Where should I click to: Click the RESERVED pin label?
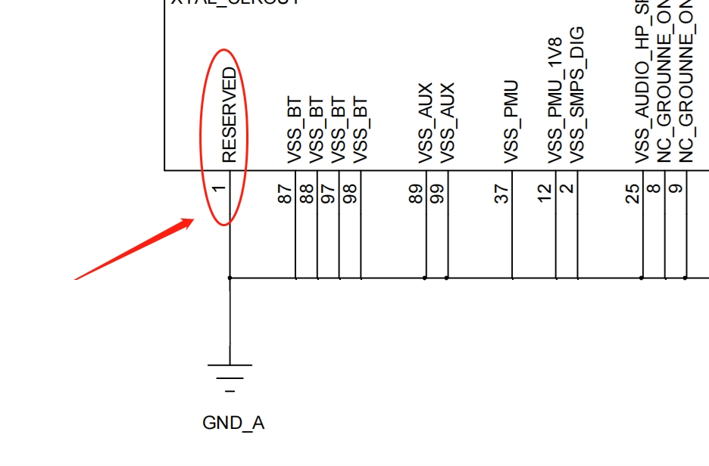(230, 114)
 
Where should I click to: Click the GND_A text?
(233, 423)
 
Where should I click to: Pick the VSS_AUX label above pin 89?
(425, 123)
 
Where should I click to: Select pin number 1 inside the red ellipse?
(220, 189)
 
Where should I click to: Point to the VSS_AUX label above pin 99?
(447, 123)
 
